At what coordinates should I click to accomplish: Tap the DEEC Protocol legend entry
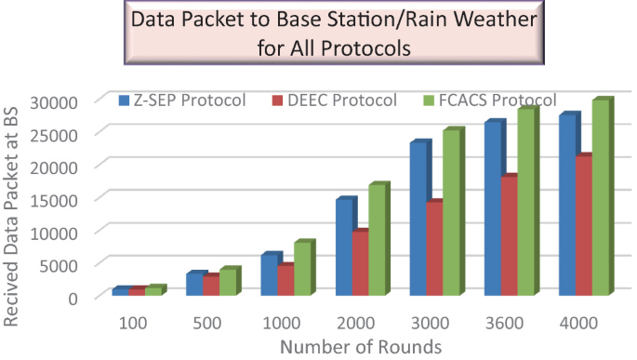(x=335, y=100)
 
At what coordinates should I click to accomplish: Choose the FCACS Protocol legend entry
(x=489, y=100)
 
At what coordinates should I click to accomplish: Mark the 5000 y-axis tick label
(x=71, y=264)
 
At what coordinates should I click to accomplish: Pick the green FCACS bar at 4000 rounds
(x=600, y=199)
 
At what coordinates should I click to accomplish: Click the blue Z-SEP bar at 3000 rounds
(x=420, y=220)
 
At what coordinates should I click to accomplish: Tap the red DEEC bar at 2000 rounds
(x=360, y=263)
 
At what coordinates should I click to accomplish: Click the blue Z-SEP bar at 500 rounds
(x=193, y=285)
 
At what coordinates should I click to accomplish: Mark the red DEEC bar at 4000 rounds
(x=584, y=226)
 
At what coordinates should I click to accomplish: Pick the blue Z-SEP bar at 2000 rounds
(x=344, y=247)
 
